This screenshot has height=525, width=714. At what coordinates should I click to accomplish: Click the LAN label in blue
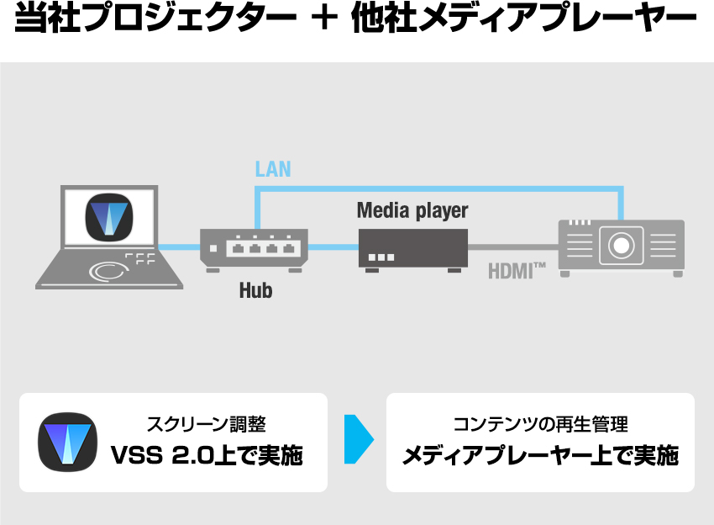click(x=273, y=169)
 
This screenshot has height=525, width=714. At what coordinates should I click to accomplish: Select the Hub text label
click(x=255, y=291)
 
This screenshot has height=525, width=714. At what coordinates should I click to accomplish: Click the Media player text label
click(x=412, y=210)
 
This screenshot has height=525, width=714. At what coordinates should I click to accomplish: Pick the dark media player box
click(x=412, y=247)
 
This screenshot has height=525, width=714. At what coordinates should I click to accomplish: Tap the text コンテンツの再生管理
click(x=540, y=425)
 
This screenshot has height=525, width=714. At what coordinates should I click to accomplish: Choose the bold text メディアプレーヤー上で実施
click(x=540, y=456)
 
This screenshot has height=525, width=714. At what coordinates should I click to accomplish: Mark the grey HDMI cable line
click(x=512, y=247)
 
